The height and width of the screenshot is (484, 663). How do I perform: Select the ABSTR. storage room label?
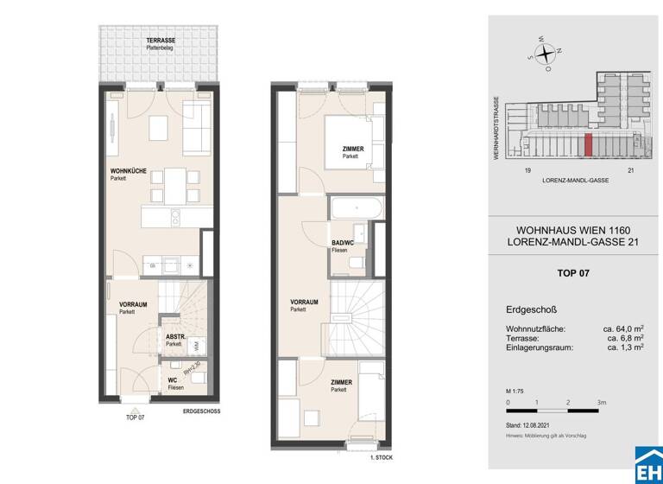[174, 337]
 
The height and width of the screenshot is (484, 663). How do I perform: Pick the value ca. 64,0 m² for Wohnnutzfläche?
[622, 328]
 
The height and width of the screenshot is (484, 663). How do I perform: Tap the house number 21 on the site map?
[631, 171]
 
